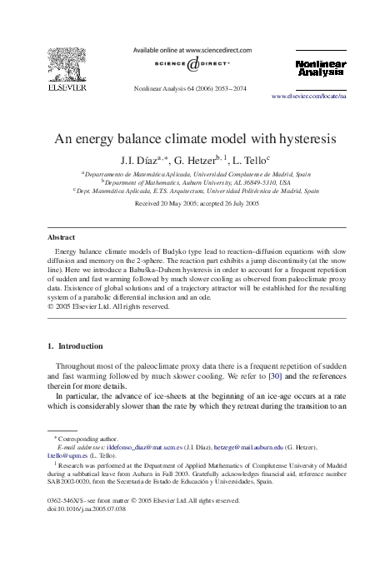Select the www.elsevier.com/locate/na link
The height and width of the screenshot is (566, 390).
coord(321,97)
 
